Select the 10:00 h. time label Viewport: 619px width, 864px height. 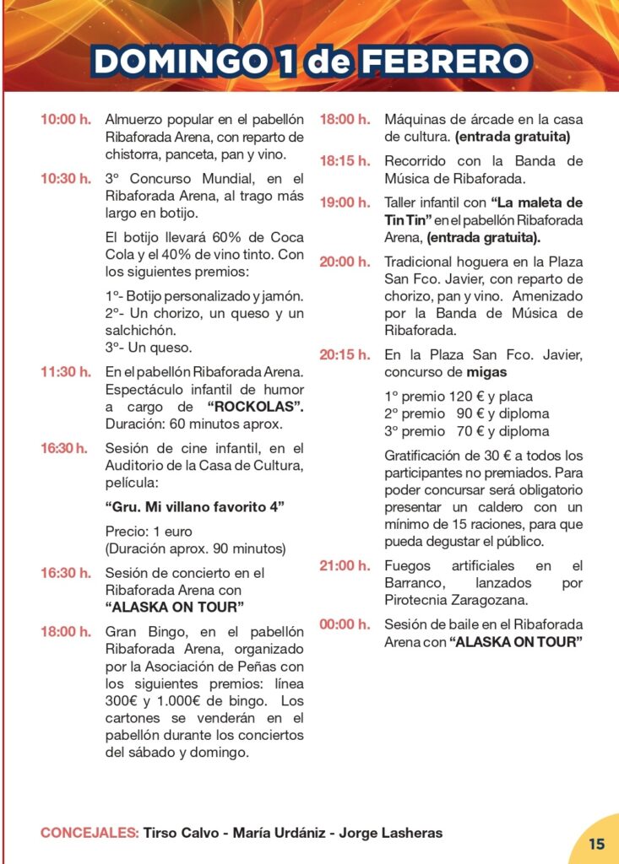[x=65, y=120]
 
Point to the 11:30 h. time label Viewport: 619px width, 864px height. [x=65, y=372]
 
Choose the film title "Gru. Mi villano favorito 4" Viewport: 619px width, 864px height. [x=195, y=507]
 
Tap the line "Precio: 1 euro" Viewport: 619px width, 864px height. [x=149, y=532]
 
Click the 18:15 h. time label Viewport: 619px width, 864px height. [x=344, y=161]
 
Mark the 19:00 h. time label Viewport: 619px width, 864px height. [x=344, y=202]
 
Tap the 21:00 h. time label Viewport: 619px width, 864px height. [x=344, y=566]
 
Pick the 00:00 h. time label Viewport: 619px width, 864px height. [x=344, y=625]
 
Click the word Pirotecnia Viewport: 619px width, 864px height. [x=419, y=600]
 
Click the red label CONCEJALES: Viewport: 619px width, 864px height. [x=90, y=833]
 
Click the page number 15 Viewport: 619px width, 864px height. [x=597, y=844]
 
